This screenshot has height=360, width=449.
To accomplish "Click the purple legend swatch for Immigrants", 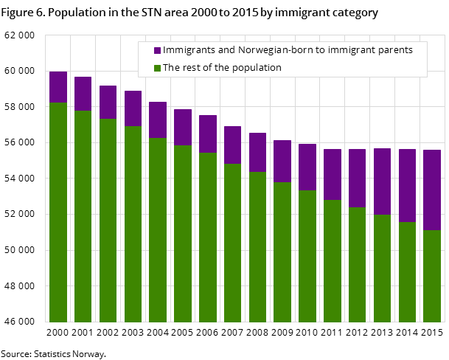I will pyautogui.click(x=157, y=50).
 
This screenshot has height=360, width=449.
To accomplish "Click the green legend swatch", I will pyautogui.click(x=157, y=68).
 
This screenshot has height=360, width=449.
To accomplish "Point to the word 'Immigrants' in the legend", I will pyautogui.click(x=186, y=50).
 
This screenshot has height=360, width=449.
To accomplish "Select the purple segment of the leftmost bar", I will pyautogui.click(x=58, y=87).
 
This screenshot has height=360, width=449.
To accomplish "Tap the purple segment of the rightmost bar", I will pyautogui.click(x=432, y=190).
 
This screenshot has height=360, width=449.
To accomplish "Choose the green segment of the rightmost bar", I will pyautogui.click(x=432, y=276).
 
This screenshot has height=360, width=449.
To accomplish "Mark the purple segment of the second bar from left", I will pyautogui.click(x=83, y=94).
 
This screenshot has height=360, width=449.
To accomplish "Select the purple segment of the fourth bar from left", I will pyautogui.click(x=133, y=108).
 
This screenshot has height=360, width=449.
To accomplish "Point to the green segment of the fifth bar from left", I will pyautogui.click(x=158, y=229).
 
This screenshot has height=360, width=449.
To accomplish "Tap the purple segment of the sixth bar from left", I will pyautogui.click(x=183, y=127).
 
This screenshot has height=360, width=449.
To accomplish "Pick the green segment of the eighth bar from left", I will pyautogui.click(x=232, y=243).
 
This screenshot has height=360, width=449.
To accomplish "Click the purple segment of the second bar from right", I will pyautogui.click(x=407, y=185).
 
